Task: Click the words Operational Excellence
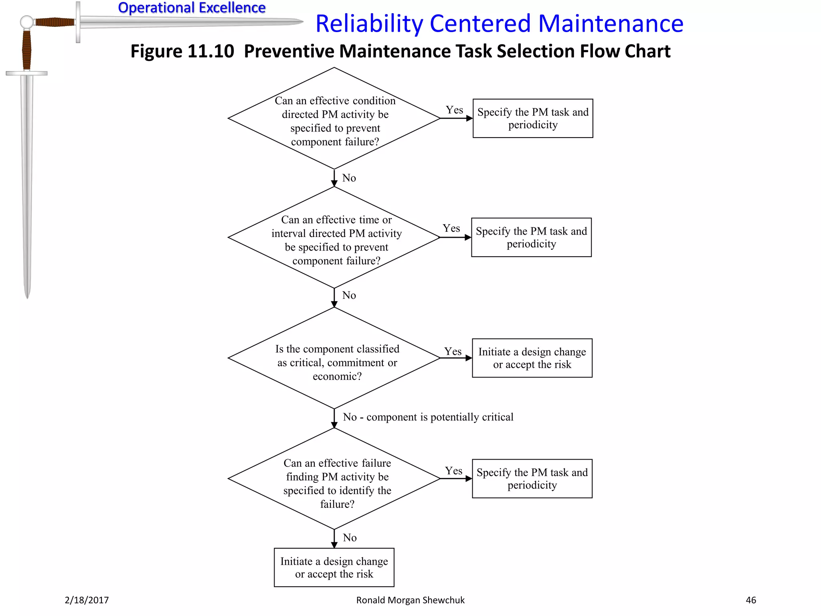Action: point(192,8)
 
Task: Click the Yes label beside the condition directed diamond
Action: point(454,110)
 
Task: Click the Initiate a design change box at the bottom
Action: point(334,567)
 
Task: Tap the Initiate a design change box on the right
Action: point(532,358)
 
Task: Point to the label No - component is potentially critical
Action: point(428,417)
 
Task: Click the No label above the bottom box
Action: point(350,538)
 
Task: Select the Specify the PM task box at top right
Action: point(533,118)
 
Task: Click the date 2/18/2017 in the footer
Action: point(87,600)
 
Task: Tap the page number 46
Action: point(750,600)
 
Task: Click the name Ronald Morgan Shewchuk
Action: point(410,600)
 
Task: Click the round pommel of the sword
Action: point(27,22)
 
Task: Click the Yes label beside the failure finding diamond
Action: point(453,471)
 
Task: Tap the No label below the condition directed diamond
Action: point(349,178)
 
